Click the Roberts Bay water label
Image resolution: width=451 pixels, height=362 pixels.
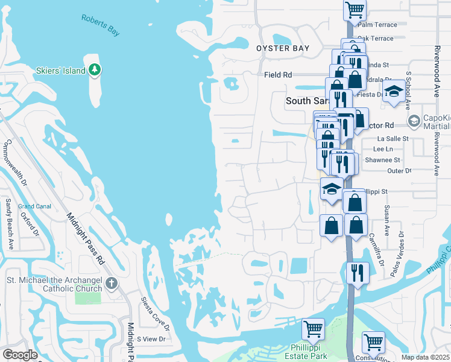[101, 25]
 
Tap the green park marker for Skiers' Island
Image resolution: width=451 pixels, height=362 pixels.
[95, 70]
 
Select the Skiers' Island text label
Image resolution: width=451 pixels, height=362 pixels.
[60, 71]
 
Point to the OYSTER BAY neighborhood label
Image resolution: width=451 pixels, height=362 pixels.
[283, 48]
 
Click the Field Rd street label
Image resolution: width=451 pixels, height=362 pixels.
[278, 75]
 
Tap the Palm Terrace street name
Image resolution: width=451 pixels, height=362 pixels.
[377, 25]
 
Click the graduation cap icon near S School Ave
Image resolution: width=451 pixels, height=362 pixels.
[394, 92]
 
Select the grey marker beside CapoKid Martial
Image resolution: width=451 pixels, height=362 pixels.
[414, 121]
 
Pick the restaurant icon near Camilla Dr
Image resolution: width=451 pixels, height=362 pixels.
[358, 272]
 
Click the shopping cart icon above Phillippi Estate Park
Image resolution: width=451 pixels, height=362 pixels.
[313, 329]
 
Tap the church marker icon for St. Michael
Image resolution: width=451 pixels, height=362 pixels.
[110, 283]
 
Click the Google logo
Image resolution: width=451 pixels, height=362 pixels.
[20, 355]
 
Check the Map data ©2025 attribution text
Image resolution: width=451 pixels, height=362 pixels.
[426, 357]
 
